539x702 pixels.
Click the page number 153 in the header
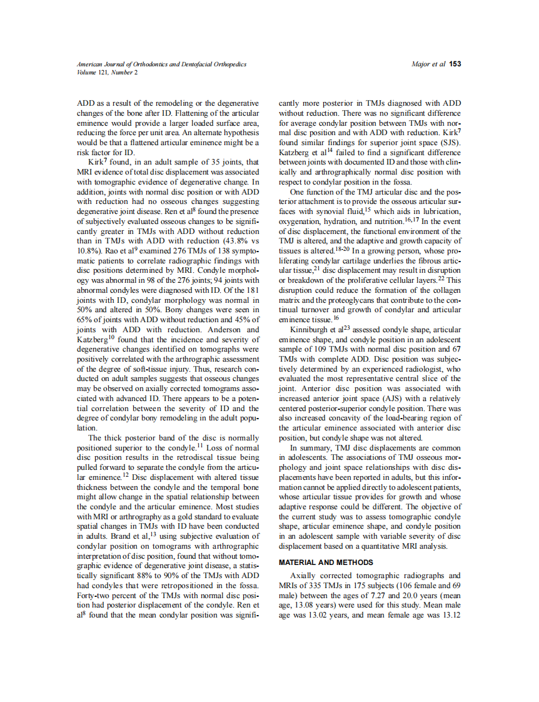[455, 64]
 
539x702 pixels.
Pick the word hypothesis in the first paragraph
[239, 133]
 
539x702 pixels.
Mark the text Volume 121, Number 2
[107, 73]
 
